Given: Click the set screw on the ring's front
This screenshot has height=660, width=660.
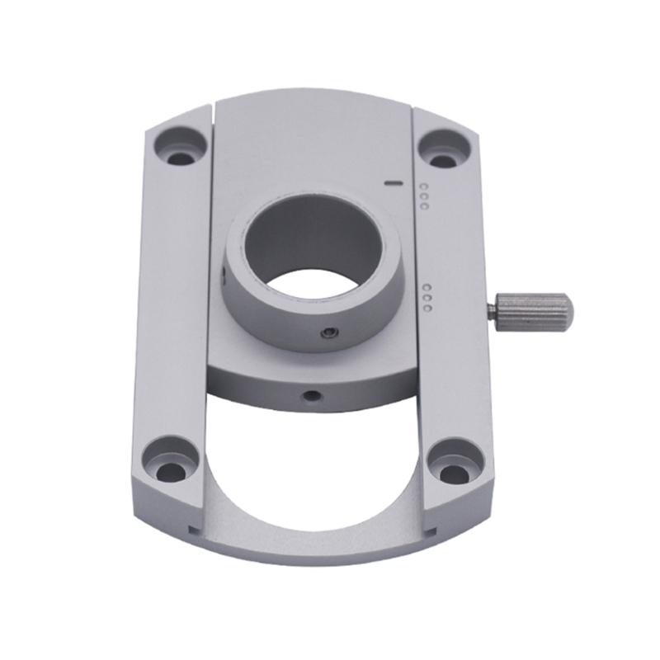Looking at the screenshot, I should [x=328, y=332].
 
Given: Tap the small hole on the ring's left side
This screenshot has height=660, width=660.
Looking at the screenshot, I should [x=224, y=276].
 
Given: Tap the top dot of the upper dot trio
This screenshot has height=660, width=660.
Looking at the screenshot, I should [x=423, y=186].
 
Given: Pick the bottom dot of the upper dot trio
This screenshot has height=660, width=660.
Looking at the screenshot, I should [x=423, y=205].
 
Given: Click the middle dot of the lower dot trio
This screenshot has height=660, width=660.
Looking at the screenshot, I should [x=427, y=298].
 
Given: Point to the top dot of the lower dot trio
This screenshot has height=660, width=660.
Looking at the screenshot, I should [x=427, y=288].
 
